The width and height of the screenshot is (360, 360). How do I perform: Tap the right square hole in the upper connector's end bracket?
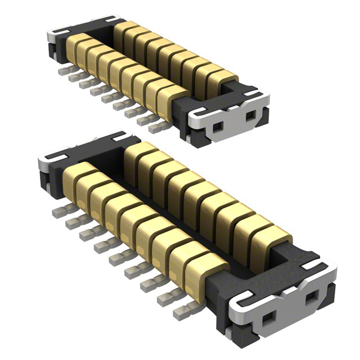pos(249,118)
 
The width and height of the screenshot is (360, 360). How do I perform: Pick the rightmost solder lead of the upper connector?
pos(155,127)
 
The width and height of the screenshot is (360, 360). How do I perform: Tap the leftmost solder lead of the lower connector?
pos(57,212)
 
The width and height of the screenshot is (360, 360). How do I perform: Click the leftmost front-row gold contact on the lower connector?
pos(74,175)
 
